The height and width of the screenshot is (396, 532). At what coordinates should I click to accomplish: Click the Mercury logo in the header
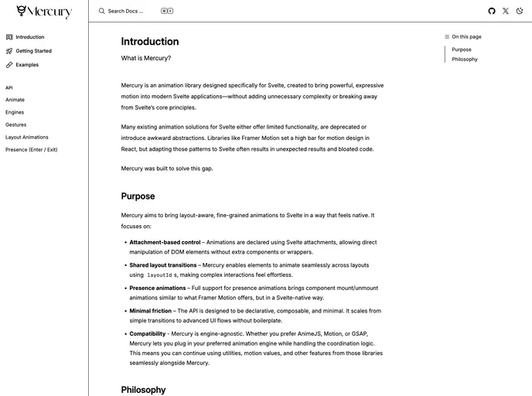click(44, 12)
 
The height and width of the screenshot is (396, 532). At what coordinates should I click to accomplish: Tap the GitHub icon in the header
click(492, 11)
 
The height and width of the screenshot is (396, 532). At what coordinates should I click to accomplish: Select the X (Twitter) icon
click(506, 11)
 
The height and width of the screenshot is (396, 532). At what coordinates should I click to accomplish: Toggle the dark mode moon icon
click(520, 11)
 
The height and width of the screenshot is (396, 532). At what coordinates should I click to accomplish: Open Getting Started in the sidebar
click(33, 51)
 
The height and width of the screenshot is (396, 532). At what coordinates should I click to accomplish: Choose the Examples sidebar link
click(27, 65)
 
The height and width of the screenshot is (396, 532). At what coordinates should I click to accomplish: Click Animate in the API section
click(15, 100)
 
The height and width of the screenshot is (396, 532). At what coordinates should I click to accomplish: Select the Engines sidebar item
click(15, 112)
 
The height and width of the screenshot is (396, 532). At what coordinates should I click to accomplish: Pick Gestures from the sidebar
click(15, 125)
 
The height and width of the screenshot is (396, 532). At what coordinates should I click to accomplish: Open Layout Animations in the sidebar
click(26, 137)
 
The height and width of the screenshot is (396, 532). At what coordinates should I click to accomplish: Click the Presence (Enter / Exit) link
click(31, 149)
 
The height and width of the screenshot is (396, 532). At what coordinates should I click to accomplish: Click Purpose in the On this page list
click(462, 49)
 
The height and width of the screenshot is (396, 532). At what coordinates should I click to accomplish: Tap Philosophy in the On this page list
click(465, 60)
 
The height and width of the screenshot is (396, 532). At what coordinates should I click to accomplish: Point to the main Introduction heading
click(150, 42)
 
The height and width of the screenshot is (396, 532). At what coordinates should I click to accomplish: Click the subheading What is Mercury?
click(146, 58)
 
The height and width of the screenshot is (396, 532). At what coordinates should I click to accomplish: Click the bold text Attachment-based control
click(165, 242)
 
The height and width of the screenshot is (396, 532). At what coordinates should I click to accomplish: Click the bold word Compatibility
click(148, 334)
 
